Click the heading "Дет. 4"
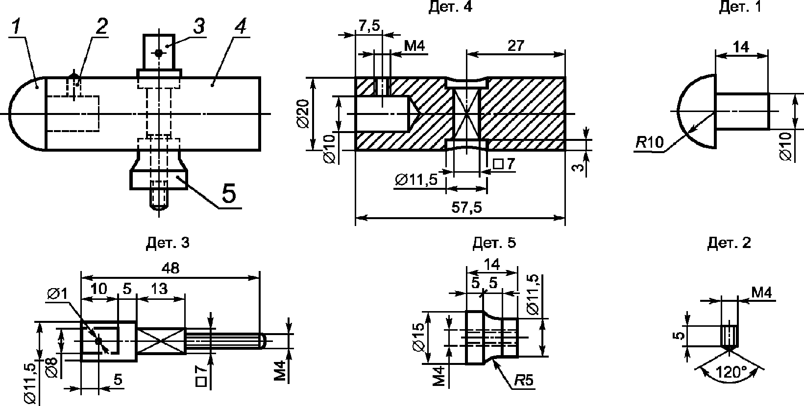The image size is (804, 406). (450, 7)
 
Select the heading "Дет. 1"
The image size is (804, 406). (740, 7)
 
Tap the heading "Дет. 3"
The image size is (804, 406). (168, 243)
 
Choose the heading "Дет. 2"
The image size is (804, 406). (729, 243)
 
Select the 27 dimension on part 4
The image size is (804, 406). (516, 45)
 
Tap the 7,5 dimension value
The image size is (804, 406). (368, 26)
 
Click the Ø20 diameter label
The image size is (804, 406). (303, 113)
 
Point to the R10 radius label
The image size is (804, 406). (649, 143)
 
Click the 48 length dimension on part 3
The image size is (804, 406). (170, 269)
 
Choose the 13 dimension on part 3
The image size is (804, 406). (160, 289)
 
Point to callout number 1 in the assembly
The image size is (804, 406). (17, 27)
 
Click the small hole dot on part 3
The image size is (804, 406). (98, 341)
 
